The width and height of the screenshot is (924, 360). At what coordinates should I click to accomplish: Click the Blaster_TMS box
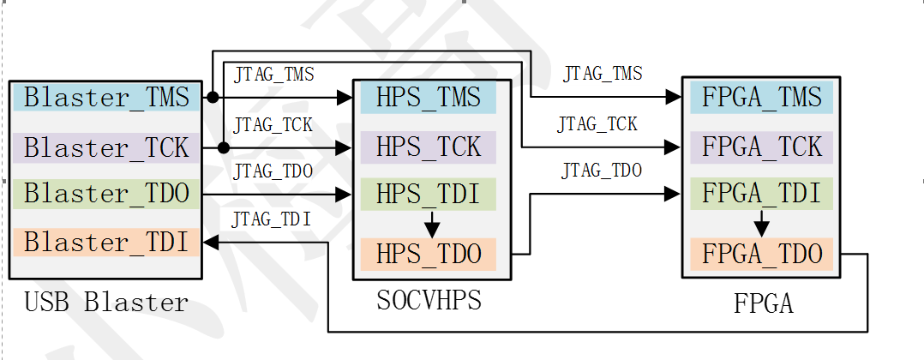pyautogui.click(x=106, y=97)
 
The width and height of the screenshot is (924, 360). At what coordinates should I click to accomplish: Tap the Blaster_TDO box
pyautogui.click(x=106, y=194)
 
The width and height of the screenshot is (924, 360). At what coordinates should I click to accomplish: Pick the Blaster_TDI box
pyautogui.click(x=106, y=243)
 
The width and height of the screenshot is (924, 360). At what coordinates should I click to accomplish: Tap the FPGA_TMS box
pyautogui.click(x=761, y=96)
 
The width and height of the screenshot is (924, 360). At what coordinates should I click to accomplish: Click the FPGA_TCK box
pyautogui.click(x=761, y=146)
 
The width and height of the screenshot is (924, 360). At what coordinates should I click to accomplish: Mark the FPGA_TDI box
pyautogui.click(x=761, y=193)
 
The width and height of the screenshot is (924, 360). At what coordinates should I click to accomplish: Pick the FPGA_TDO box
pyautogui.click(x=761, y=254)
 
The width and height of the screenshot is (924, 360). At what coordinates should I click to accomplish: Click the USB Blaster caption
pyautogui.click(x=106, y=303)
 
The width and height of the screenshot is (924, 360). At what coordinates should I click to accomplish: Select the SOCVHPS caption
pyautogui.click(x=429, y=300)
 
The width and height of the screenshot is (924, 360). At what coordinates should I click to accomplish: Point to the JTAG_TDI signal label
pyautogui.click(x=273, y=220)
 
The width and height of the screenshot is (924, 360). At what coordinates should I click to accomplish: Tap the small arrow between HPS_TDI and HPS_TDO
pyautogui.click(x=432, y=226)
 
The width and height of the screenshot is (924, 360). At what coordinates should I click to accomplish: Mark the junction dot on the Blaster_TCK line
pyautogui.click(x=223, y=147)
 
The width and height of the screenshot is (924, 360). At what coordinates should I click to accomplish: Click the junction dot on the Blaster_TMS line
pyautogui.click(x=212, y=97)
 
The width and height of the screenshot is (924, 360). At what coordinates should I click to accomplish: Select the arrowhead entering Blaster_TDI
pyautogui.click(x=209, y=243)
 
